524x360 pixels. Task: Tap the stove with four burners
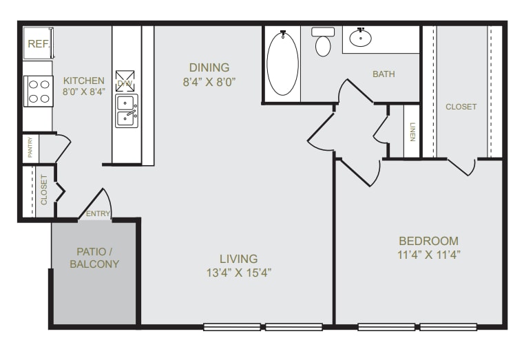39,91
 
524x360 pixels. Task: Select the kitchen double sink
126,110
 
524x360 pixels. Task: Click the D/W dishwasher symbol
125,81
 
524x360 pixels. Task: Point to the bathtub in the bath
282,64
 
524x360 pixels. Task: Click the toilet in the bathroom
323,43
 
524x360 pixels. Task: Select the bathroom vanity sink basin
360,37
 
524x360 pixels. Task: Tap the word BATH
384,74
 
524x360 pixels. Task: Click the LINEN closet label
412,131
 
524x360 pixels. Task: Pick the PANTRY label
30,149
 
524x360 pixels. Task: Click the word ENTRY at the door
98,214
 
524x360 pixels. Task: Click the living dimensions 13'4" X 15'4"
238,272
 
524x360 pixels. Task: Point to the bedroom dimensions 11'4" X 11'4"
428,254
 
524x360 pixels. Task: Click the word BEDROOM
428,241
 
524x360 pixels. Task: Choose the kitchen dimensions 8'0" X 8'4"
83,91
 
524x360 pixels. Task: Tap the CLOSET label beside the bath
461,107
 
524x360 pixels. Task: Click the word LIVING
238,259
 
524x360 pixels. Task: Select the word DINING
209,67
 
